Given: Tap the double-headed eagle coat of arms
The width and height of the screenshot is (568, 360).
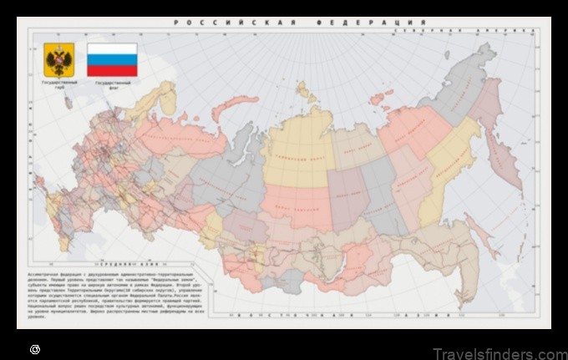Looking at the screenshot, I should pyautogui.click(x=58, y=60).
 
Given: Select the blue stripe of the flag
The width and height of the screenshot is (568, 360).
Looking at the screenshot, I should pyautogui.click(x=112, y=60).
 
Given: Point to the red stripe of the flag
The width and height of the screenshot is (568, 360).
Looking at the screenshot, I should pyautogui.click(x=112, y=71).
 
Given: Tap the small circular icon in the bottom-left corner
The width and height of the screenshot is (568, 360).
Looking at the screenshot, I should pyautogui.click(x=34, y=348).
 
